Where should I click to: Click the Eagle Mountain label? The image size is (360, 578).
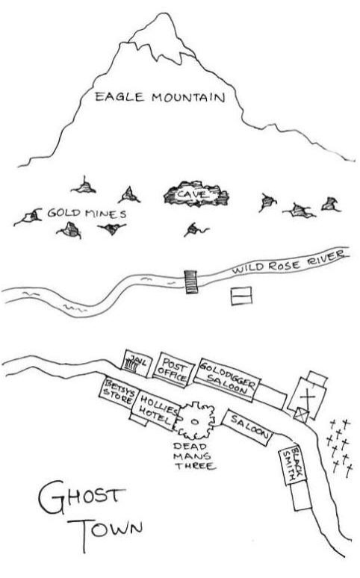[160, 97]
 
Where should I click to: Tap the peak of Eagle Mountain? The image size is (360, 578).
[162, 13]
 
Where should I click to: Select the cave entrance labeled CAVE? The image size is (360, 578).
[196, 194]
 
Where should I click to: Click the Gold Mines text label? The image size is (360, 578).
[87, 213]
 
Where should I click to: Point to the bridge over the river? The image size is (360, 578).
[191, 282]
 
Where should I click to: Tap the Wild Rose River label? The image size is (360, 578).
[288, 261]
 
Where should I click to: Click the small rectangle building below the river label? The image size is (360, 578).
[241, 296]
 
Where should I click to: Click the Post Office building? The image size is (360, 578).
[172, 370]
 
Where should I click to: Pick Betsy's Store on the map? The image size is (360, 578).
[118, 392]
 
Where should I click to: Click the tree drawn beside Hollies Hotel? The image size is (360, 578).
[195, 421]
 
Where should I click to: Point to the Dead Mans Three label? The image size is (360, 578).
[195, 456]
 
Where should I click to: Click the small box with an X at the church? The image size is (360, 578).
[301, 415]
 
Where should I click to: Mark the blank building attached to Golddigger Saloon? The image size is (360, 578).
[270, 397]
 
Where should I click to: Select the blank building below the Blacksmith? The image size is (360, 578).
[302, 496]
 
